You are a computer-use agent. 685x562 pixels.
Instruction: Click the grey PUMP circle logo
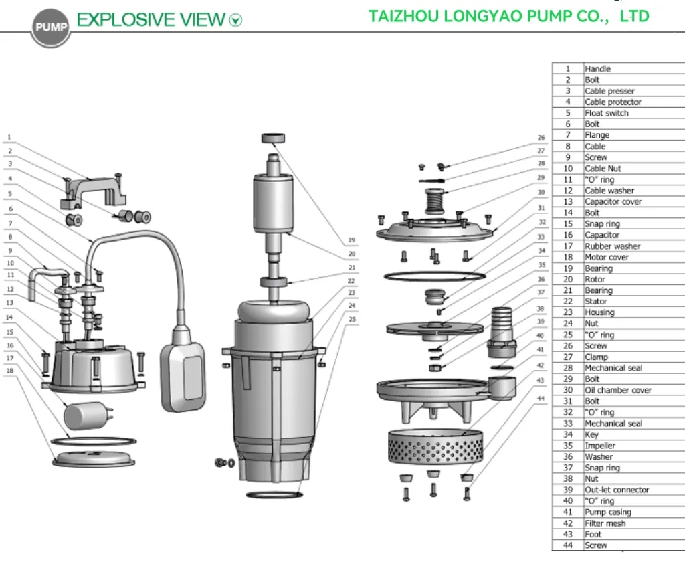coord(50,27)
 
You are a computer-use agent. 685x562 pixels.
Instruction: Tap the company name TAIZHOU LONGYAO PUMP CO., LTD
coord(508,16)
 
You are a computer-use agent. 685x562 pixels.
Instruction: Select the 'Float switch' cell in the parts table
coord(607,113)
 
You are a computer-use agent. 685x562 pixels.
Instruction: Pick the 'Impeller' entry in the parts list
coord(600,446)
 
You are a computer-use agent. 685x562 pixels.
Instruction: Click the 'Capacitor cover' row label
coord(613,201)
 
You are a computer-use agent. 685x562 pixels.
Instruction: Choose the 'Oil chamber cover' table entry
coord(617,390)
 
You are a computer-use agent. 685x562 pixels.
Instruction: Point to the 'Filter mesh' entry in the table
coord(605,523)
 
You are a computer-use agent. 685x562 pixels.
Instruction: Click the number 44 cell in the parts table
coord(567,545)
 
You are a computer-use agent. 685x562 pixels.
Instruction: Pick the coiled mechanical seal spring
coord(435,200)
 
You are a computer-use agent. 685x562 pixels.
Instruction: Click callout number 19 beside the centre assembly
coord(351,240)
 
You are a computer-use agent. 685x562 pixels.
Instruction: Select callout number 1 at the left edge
coord(9,137)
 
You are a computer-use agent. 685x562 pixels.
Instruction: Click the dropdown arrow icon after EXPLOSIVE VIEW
coord(235,21)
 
